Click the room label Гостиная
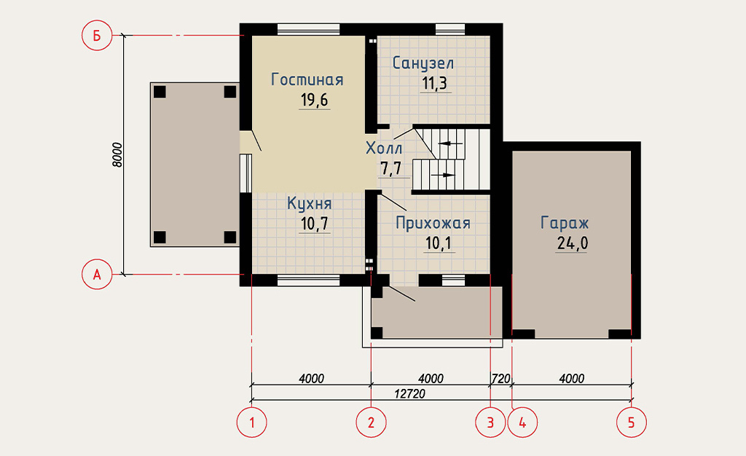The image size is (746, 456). (307, 79)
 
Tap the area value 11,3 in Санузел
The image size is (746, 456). (434, 83)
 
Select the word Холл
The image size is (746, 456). (384, 149)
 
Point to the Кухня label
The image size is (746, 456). (309, 203)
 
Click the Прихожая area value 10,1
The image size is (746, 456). (438, 243)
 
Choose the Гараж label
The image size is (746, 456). (565, 222)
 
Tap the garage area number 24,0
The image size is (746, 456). (573, 243)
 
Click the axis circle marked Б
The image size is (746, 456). (97, 35)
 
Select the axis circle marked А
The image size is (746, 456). (97, 275)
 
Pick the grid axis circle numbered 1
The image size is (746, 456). (251, 422)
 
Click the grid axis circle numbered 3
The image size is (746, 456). (490, 422)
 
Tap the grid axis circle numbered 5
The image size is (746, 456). (632, 422)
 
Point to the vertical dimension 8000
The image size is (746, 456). (117, 154)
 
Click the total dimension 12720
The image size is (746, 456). (409, 393)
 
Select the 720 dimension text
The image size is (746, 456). (501, 379)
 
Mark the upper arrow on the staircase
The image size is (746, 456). (450, 143)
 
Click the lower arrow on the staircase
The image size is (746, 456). (442, 175)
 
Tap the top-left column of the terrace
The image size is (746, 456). (160, 92)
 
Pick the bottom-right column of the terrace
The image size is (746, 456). (230, 237)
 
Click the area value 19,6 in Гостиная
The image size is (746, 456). (315, 100)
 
